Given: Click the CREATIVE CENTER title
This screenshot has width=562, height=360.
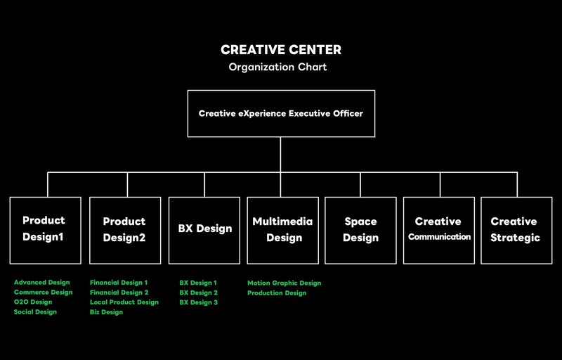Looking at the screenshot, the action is point(281,50).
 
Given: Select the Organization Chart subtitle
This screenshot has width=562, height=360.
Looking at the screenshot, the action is point(277,67).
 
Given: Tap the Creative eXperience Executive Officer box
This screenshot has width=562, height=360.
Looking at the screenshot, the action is point(281,114).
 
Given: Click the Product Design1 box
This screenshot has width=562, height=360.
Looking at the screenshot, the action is point(46,230).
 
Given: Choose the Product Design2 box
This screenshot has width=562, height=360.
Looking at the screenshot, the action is point(125,230).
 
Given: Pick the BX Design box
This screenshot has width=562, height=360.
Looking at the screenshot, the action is point(204,230).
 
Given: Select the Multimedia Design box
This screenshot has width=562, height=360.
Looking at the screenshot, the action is point(283,230).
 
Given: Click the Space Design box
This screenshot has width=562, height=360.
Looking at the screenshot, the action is point(360,230).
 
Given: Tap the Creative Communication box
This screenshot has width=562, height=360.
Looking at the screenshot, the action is point(439,230).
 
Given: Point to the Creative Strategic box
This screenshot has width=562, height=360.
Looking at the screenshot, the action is point(516,230).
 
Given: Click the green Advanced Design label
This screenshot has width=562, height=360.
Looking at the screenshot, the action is point(42,283).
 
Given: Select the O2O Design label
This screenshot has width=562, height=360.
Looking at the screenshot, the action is point(33,302).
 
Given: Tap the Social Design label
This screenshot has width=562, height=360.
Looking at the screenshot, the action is point(36,311).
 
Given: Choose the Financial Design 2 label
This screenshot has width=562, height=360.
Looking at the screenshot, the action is point(119,292).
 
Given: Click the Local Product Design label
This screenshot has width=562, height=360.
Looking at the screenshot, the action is point(124,302).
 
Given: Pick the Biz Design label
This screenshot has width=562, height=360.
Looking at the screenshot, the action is point(107,312).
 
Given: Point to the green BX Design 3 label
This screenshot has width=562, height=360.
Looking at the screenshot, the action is point(199,302).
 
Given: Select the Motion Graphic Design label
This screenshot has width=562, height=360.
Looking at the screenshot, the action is point(285,283).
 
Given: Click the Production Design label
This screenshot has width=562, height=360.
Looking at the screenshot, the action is point(277,293).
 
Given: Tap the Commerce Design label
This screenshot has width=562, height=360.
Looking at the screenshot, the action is point(44,292).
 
